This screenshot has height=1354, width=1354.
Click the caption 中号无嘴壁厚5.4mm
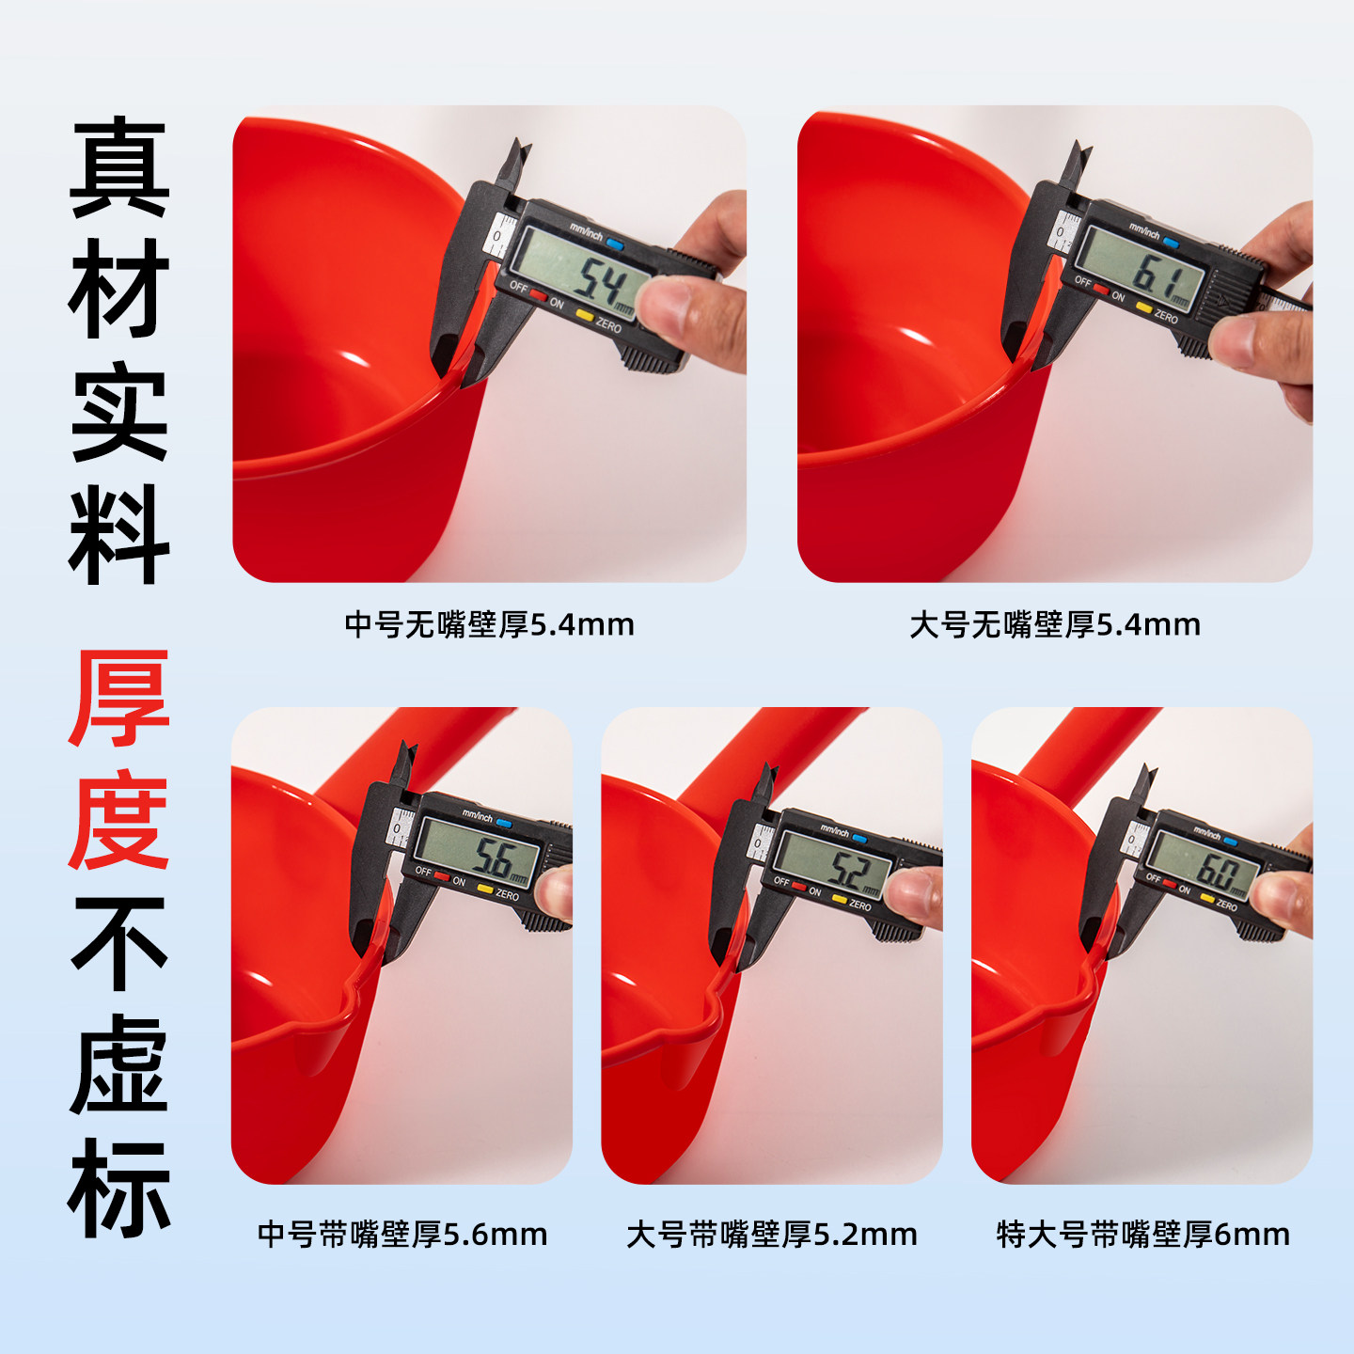click(x=489, y=624)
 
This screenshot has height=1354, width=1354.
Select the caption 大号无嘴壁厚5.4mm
click(x=1054, y=624)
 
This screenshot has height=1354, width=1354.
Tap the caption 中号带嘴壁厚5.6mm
click(x=402, y=1234)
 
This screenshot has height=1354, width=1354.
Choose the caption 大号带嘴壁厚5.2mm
click(x=771, y=1234)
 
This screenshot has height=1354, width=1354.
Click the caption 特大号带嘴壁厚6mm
click(x=1142, y=1234)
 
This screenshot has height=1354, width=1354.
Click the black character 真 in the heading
click(x=119, y=167)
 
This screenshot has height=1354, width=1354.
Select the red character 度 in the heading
click(x=119, y=819)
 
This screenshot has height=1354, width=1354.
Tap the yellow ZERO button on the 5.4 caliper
click(x=584, y=315)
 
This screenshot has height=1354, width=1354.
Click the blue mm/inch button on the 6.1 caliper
click(x=1171, y=243)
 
